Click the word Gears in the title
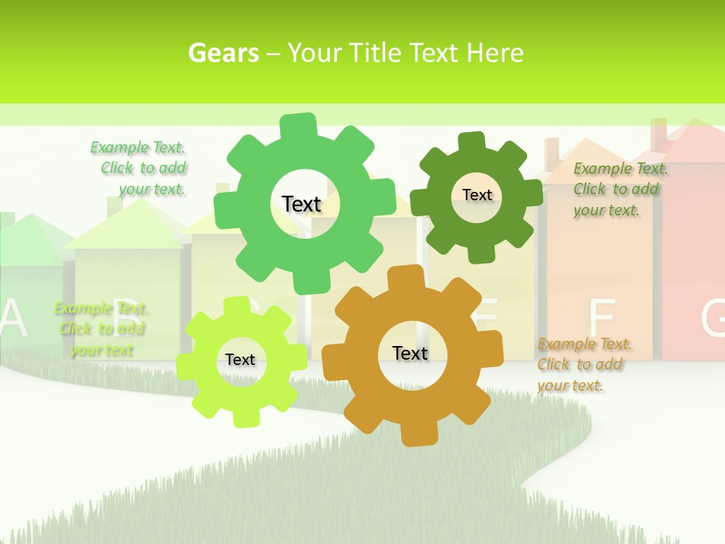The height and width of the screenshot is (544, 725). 224,53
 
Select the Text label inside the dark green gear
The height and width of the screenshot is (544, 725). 477,195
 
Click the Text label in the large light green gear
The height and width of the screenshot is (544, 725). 301,204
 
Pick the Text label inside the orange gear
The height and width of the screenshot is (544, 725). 410,353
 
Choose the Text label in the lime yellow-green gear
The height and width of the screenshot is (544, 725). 240,360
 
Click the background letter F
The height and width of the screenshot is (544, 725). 602,317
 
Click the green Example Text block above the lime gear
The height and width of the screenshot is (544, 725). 100,329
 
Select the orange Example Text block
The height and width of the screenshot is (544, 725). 583,365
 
